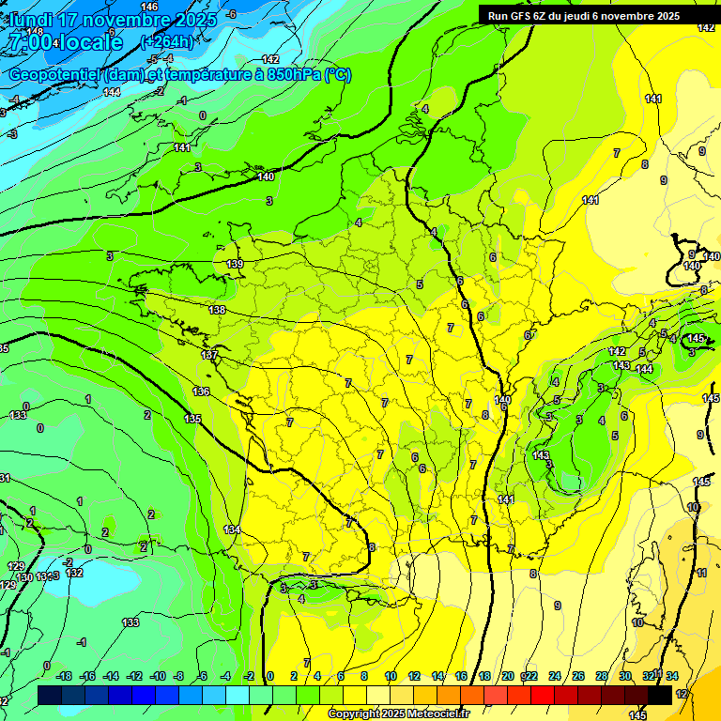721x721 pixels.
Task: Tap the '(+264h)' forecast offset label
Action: tap(166, 41)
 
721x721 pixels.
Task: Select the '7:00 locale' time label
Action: tap(65, 42)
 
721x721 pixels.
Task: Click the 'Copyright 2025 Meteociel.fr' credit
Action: tap(399, 713)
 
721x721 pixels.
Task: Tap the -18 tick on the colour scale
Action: tap(64, 676)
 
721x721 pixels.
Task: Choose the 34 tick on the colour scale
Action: tap(672, 676)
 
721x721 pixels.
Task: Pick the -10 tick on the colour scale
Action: tap(158, 676)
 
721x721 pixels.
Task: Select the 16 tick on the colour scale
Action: tap(461, 676)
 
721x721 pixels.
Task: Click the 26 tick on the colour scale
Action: tap(577, 676)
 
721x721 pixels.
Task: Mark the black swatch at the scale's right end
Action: tap(660, 695)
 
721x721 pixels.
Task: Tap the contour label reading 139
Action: tap(235, 264)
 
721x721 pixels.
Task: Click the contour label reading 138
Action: tap(217, 310)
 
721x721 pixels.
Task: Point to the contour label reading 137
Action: tap(209, 355)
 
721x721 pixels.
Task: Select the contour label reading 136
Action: tap(201, 391)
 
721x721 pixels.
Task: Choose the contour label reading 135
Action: tap(193, 419)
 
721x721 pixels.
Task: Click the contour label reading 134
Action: tap(232, 530)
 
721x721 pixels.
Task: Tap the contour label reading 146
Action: tap(149, 7)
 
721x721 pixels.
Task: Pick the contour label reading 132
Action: tap(75, 573)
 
